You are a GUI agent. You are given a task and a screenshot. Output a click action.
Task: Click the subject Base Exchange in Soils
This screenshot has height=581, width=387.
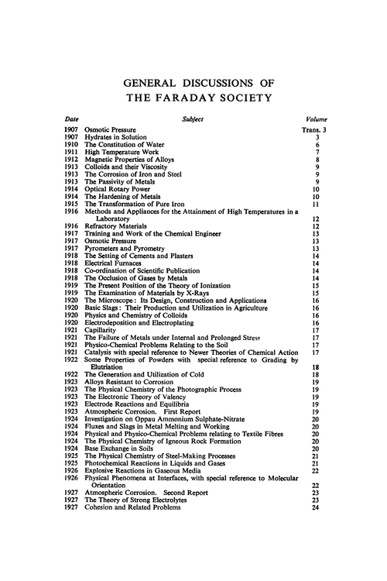tap(122, 447)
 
